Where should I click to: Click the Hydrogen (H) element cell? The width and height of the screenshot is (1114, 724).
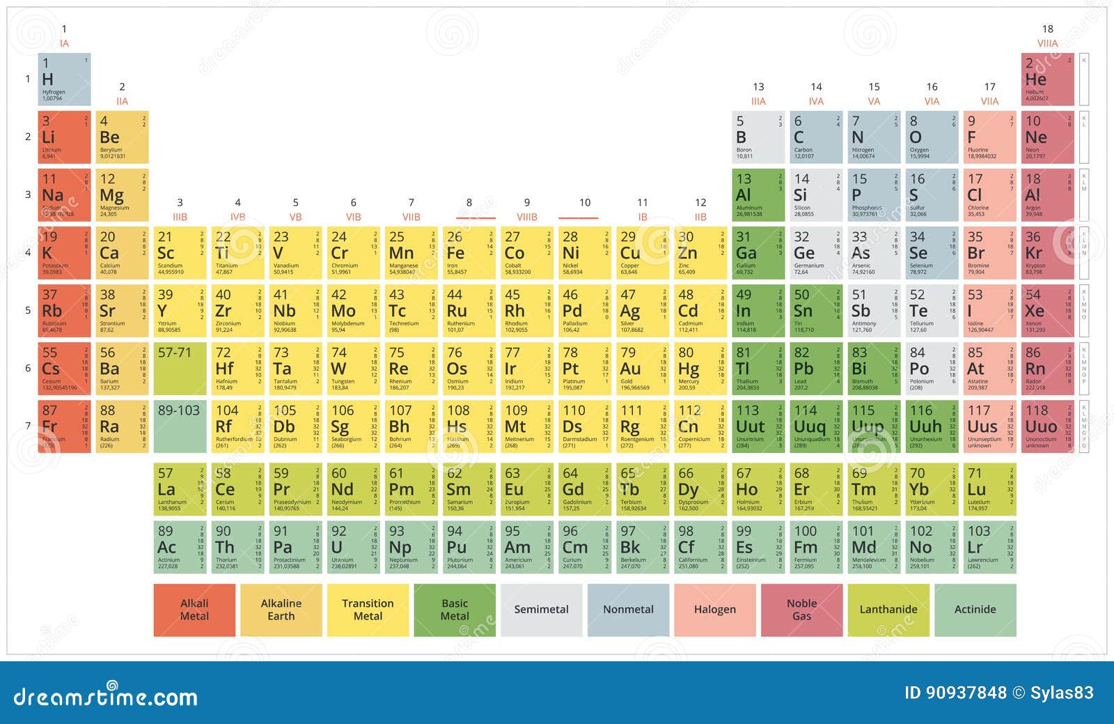tap(64, 79)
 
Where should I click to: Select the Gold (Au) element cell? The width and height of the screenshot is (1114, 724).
tap(642, 369)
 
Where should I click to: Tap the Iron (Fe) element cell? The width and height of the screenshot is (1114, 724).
tap(469, 253)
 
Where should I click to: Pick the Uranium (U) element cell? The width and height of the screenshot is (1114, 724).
tap(353, 547)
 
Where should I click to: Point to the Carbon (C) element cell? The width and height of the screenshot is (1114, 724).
tap(816, 137)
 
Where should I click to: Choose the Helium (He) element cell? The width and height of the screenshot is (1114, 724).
tap(1047, 79)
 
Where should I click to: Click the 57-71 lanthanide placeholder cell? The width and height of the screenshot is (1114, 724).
tap(180, 369)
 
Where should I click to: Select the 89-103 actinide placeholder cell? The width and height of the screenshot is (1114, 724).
tap(180, 426)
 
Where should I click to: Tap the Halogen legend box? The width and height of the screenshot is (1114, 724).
tap(714, 610)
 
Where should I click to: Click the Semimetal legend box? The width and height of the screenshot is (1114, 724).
tap(541, 610)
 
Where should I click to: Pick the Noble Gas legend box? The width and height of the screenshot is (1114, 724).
tap(801, 610)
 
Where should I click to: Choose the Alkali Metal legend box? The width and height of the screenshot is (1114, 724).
tap(194, 610)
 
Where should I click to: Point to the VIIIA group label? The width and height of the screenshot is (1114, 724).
tap(1047, 43)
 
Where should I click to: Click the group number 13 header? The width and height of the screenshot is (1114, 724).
tap(758, 87)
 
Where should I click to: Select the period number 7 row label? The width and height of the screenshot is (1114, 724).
tap(28, 426)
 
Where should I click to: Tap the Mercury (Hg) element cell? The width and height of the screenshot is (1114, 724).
tap(700, 369)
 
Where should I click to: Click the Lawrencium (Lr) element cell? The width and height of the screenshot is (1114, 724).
tap(989, 547)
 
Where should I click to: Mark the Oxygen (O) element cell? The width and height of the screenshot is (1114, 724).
tap(932, 137)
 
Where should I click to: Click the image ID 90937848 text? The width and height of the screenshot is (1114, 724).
tap(955, 693)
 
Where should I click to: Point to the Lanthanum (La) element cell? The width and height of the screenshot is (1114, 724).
tap(180, 489)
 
